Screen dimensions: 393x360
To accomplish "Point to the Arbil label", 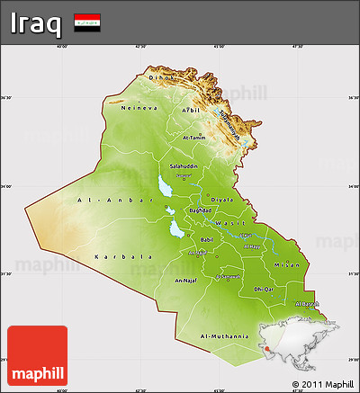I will tap(190, 110).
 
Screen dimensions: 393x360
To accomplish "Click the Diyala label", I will tap(221, 200).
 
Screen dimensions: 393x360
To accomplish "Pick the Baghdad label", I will tap(200, 210).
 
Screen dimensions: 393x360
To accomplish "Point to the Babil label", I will tap(207, 240).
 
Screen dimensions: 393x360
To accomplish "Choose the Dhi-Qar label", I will tap(263, 289).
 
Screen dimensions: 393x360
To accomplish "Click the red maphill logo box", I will tap(37, 356).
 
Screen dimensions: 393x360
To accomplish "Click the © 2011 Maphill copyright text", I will tap(323, 385).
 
